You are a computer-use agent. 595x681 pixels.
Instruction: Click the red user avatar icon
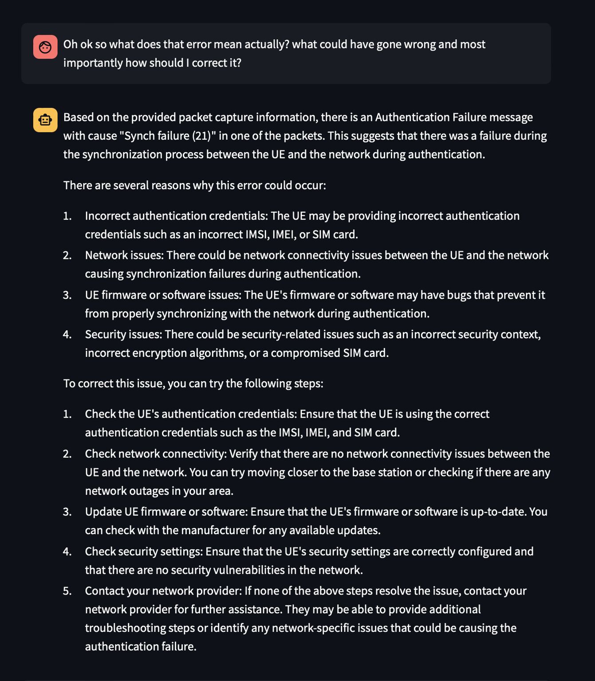point(45,47)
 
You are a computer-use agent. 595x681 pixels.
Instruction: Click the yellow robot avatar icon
point(45,120)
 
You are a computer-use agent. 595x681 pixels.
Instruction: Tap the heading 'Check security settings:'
point(144,552)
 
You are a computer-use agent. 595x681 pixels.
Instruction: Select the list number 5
point(67,591)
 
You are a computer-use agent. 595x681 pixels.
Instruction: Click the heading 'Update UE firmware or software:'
point(166,512)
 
